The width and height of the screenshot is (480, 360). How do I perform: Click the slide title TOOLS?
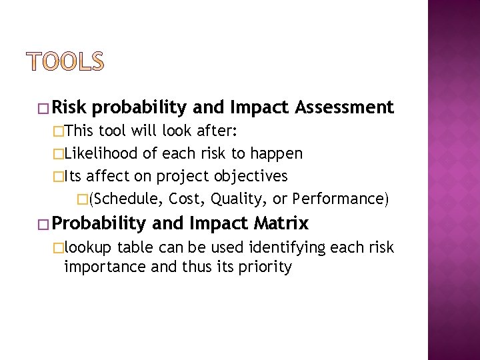point(65,61)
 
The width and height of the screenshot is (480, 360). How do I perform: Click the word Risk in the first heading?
point(70,107)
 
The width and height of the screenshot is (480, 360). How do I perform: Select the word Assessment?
point(345,107)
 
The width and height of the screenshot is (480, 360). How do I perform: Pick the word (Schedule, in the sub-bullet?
point(126,199)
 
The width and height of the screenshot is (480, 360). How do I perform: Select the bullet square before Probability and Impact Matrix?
point(43,223)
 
